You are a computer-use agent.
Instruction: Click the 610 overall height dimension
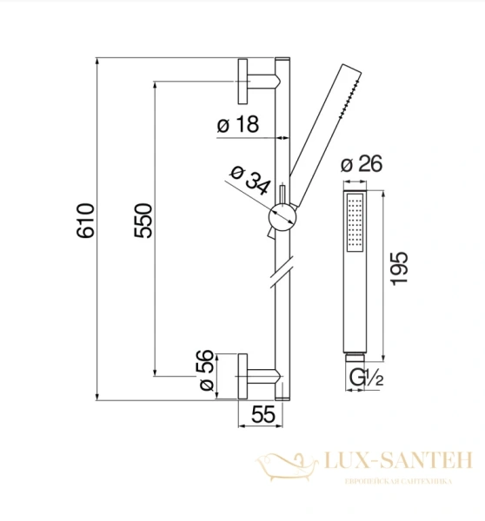pos(85,221)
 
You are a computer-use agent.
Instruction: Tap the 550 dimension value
pos(143,221)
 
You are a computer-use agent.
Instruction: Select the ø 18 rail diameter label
pos(238,124)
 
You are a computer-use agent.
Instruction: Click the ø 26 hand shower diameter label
pos(362,163)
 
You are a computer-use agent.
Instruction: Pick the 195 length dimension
pos(399,268)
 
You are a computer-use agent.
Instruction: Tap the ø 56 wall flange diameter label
pos(206,370)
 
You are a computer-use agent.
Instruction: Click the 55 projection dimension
pos(263,414)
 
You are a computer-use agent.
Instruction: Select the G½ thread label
pos(366,378)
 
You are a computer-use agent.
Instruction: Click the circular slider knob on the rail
pos(282,217)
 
